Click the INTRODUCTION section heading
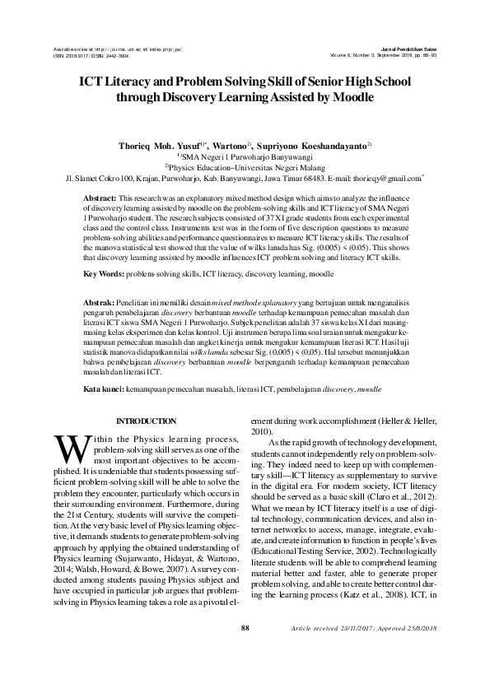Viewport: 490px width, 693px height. (x=147, y=421)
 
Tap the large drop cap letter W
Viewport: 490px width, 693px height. (x=69, y=449)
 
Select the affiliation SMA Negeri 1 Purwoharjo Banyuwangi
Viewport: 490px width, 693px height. (x=245, y=155)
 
